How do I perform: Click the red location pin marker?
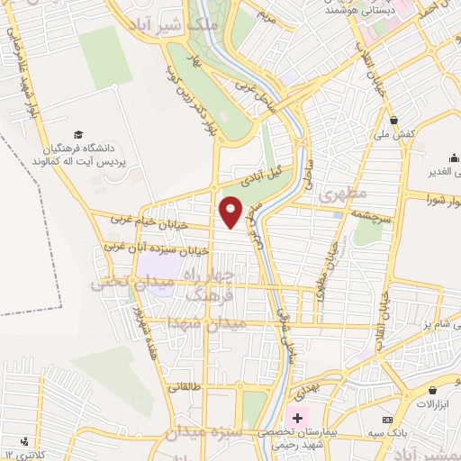click(231, 212)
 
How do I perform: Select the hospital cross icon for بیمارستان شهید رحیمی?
click(297, 420)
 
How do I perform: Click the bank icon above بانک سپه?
click(387, 420)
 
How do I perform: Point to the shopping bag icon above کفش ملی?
click(393, 119)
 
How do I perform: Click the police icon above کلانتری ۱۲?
click(24, 441)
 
